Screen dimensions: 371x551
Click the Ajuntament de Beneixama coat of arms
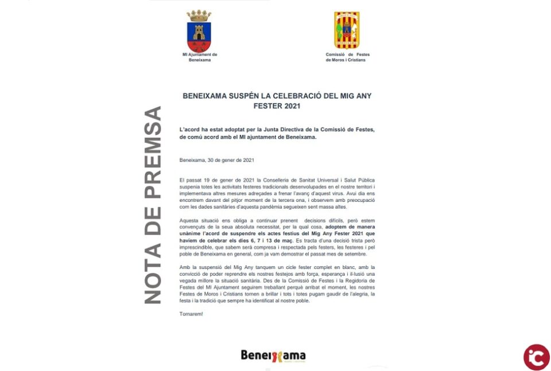[x=199, y=35]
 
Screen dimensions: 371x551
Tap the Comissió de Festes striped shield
[x=347, y=30]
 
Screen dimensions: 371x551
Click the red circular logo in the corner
[x=536, y=357]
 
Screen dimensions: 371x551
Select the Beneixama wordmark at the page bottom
[x=273, y=356]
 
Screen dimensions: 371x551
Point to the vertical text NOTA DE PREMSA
[x=152, y=205]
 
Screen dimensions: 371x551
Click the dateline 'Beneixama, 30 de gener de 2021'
[x=217, y=160]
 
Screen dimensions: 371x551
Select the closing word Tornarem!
[x=191, y=314]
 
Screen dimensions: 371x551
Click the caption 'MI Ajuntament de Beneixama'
[x=200, y=57]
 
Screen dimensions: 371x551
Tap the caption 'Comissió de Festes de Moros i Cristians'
[x=348, y=57]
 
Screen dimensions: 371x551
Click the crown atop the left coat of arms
[x=199, y=15]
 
